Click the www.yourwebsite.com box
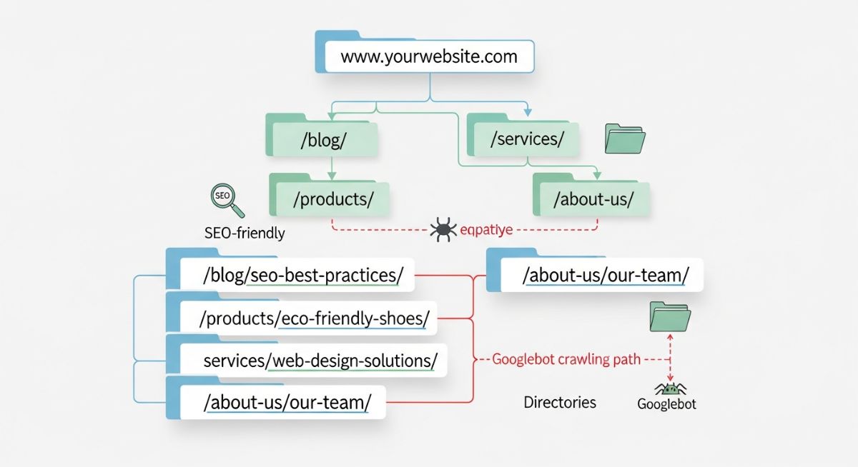tap(429, 56)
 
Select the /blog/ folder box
tap(325, 140)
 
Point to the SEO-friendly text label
tap(245, 232)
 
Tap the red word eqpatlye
tap(486, 230)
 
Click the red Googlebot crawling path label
tap(566, 359)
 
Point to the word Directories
tap(560, 402)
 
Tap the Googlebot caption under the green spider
tap(666, 404)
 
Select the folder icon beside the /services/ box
tap(625, 139)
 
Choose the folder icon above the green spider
tap(670, 316)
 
